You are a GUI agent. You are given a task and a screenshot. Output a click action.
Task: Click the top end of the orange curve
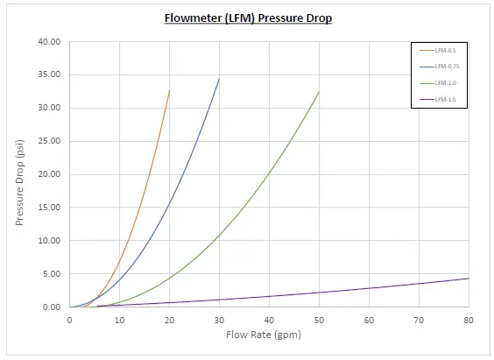(x=169, y=90)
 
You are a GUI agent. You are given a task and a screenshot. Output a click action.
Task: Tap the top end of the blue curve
(x=219, y=79)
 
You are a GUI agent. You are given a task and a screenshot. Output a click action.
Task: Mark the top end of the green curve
(x=319, y=92)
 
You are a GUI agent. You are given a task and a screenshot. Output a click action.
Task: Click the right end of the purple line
(x=469, y=279)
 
